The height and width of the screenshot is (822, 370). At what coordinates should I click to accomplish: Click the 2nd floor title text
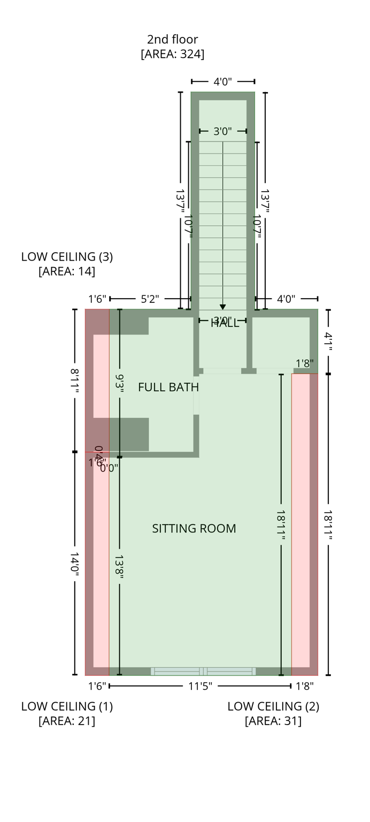[x=172, y=39]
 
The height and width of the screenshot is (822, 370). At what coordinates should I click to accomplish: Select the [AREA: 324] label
[x=172, y=54]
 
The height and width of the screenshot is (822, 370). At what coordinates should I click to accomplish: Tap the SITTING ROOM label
[x=194, y=529]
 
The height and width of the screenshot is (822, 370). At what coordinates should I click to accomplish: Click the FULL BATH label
[x=168, y=387]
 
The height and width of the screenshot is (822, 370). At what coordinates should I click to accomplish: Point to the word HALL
[x=225, y=323]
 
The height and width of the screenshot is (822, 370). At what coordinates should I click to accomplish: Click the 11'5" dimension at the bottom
[x=200, y=686]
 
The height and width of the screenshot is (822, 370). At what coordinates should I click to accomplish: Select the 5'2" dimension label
[x=150, y=299]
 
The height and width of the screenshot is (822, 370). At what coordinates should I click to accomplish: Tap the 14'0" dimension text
[x=74, y=564]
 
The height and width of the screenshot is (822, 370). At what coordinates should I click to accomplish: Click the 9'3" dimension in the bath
[x=119, y=384]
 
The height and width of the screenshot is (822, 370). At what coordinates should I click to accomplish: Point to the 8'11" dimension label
[x=74, y=380]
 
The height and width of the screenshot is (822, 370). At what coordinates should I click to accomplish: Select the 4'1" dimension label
[x=328, y=342]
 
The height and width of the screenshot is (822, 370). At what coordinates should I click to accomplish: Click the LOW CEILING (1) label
[x=67, y=706]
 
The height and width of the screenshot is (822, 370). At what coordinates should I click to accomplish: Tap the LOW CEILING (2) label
[x=273, y=706]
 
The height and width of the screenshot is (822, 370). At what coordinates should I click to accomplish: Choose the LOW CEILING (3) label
[x=67, y=256]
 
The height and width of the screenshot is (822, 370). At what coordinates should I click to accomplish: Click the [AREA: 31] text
[x=273, y=721]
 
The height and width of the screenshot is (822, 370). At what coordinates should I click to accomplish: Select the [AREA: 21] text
[x=67, y=721]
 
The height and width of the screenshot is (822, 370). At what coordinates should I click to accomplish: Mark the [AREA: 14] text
[x=67, y=271]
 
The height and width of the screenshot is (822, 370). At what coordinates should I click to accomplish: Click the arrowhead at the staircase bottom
[x=222, y=307]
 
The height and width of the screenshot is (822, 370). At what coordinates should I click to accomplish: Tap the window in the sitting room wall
[x=203, y=671]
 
